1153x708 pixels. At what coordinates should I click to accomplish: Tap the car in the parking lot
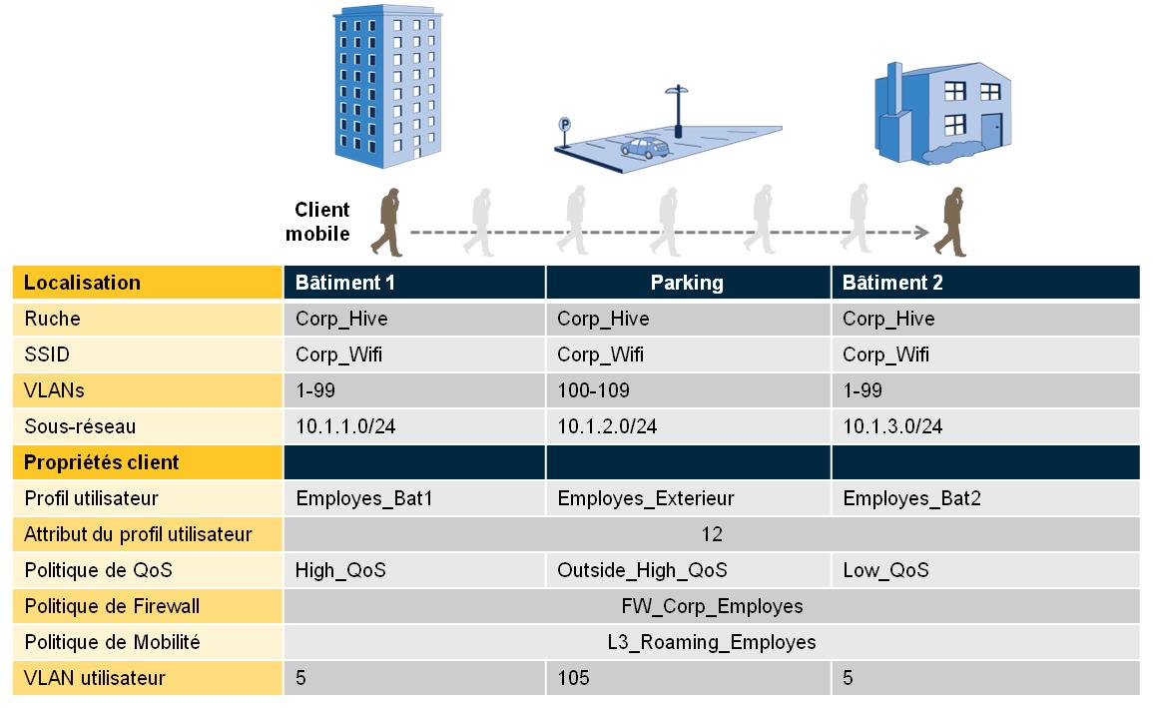pyautogui.click(x=644, y=149)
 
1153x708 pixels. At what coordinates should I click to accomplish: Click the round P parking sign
pyautogui.click(x=564, y=126)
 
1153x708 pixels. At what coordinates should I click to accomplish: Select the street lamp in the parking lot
pyautogui.click(x=678, y=110)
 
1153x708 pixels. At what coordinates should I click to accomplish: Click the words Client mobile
pyautogui.click(x=319, y=222)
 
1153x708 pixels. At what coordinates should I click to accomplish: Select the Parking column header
pyautogui.click(x=687, y=283)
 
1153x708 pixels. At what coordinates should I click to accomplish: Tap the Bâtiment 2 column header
pyautogui.click(x=891, y=283)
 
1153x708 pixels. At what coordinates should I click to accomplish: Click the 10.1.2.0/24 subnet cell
pyautogui.click(x=607, y=426)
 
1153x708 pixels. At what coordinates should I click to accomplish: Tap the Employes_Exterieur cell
pyautogui.click(x=645, y=498)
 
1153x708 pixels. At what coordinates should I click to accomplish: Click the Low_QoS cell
pyautogui.click(x=885, y=570)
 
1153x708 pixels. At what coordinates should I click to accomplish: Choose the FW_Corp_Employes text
pyautogui.click(x=711, y=606)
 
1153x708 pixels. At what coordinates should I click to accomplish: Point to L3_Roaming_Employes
pyautogui.click(x=711, y=642)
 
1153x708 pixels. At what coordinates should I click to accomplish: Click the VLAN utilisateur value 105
pyautogui.click(x=573, y=678)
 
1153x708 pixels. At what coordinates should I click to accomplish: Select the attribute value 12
pyautogui.click(x=711, y=534)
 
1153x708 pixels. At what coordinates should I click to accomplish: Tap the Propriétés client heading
pyautogui.click(x=101, y=462)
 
